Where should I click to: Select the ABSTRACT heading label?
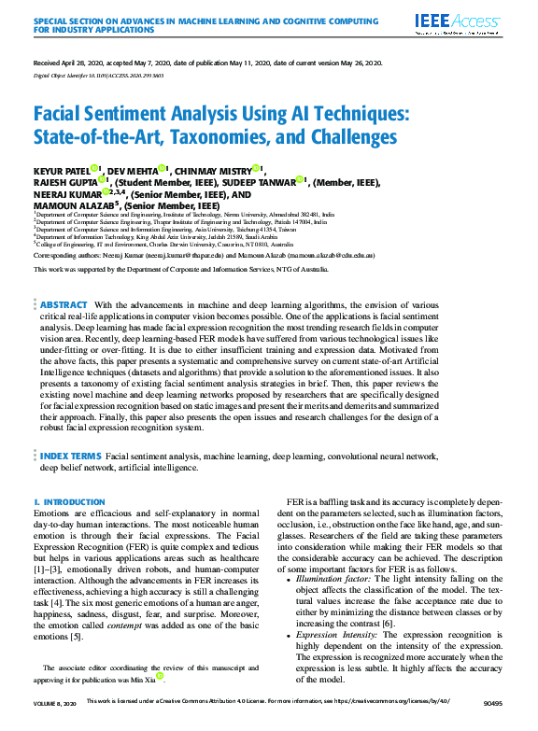click(x=64, y=279)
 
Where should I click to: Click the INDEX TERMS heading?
click(x=71, y=456)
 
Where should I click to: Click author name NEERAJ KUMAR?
click(x=65, y=193)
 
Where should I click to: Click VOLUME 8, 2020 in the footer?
click(x=55, y=722)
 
